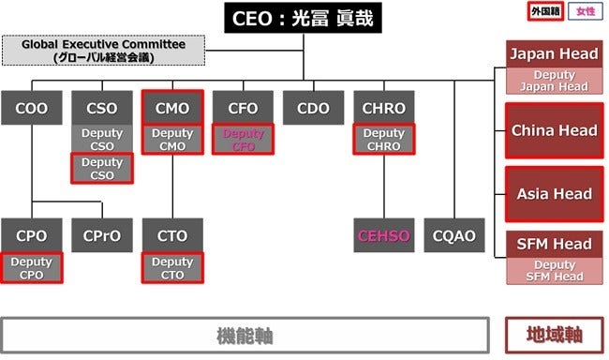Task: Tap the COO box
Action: pyautogui.click(x=32, y=108)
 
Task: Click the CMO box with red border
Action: pyautogui.click(x=172, y=108)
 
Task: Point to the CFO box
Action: pyautogui.click(x=243, y=108)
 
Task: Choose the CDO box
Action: pyautogui.click(x=313, y=108)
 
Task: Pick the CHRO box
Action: pyautogui.click(x=383, y=108)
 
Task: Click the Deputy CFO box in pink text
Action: pyautogui.click(x=243, y=140)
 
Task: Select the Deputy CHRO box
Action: pyautogui.click(x=383, y=140)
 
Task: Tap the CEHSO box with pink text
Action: pyautogui.click(x=383, y=235)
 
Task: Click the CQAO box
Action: pyautogui.click(x=453, y=235)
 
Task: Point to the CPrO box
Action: pyautogui.click(x=102, y=235)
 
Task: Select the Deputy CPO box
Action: pyautogui.click(x=32, y=267)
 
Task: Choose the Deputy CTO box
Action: pyautogui.click(x=172, y=267)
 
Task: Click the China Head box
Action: pyautogui.click(x=552, y=131)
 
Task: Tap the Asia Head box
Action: pyautogui.click(x=552, y=194)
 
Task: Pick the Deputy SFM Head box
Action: pyautogui.click(x=552, y=271)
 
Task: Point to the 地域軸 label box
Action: pyautogui.click(x=552, y=334)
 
